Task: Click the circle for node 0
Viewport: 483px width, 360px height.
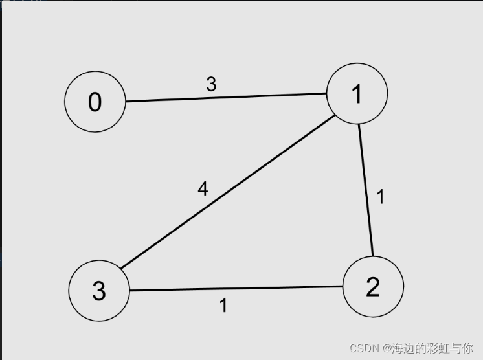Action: [x=95, y=102]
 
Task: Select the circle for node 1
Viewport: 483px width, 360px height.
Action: [x=357, y=93]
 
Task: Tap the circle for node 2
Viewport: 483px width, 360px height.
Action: [x=373, y=286]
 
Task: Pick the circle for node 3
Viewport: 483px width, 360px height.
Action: [x=98, y=291]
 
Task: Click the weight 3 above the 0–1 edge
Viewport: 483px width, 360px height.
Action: [x=211, y=84]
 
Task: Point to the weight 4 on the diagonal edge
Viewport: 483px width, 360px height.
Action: [x=203, y=189]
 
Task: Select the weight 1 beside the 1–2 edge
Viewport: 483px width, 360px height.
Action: [x=381, y=197]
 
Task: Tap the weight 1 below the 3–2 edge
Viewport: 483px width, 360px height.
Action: [x=223, y=305]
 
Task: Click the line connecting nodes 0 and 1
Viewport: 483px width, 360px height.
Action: [x=227, y=97]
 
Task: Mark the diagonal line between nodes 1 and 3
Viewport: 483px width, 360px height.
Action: [x=227, y=192]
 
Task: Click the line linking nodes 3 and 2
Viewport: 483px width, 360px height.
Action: [x=236, y=288]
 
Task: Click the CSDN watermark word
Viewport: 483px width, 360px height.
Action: [x=364, y=348]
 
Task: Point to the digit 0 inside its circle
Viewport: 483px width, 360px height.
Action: [x=95, y=102]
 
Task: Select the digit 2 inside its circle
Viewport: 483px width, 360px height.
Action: [x=373, y=287]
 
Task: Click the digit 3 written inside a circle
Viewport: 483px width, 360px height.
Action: [x=98, y=291]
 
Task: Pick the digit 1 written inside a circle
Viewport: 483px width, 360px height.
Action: [x=357, y=94]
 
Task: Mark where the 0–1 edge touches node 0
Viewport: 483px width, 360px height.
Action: [x=126, y=101]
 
